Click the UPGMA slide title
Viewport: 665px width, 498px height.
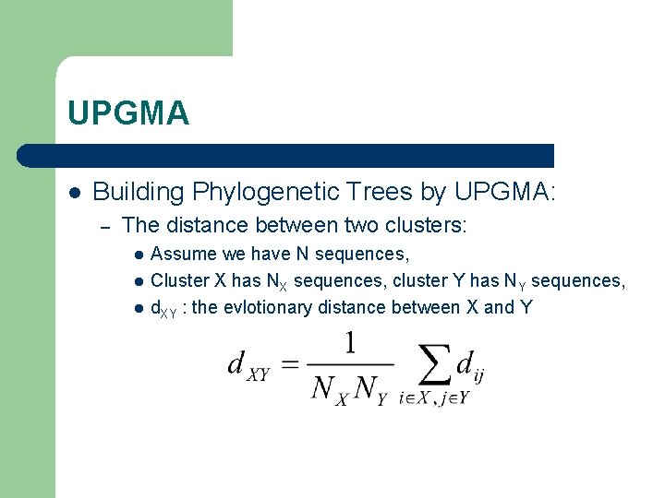pos(128,113)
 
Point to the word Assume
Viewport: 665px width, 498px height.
pos(183,254)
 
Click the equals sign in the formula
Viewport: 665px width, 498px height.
pos(289,365)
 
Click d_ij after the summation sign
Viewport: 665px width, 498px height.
pos(470,365)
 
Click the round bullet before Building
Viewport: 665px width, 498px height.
pos(74,192)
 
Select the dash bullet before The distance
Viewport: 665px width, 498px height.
pos(106,225)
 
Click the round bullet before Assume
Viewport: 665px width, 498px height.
pos(138,255)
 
